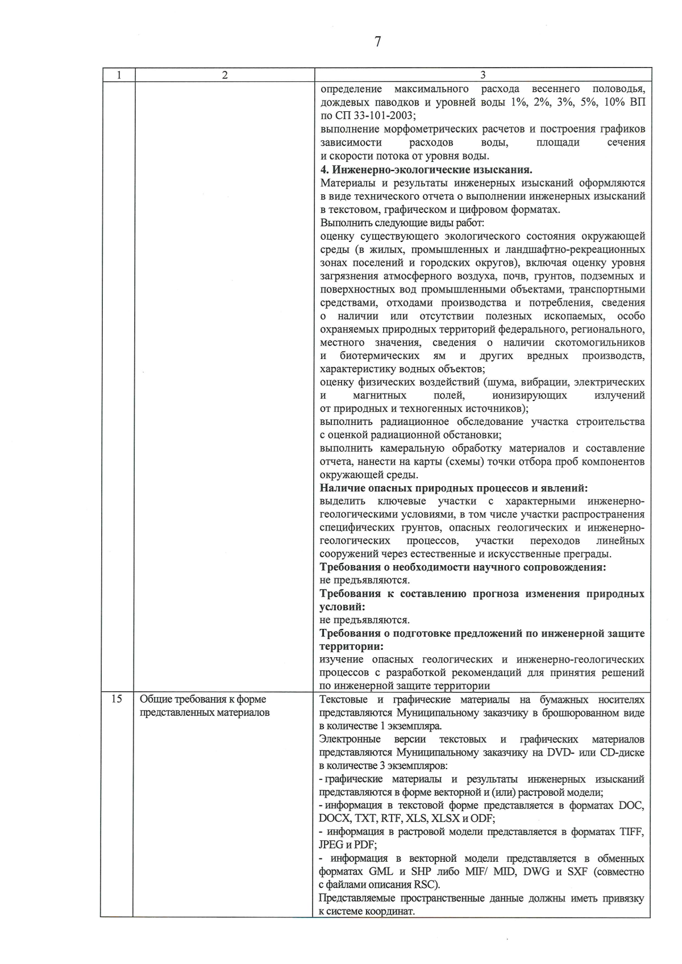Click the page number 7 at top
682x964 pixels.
point(378,41)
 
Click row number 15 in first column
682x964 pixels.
point(117,699)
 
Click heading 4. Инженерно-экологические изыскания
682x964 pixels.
point(426,169)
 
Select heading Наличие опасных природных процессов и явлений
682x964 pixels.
point(454,488)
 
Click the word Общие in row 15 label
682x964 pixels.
point(155,700)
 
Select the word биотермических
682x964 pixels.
point(380,356)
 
